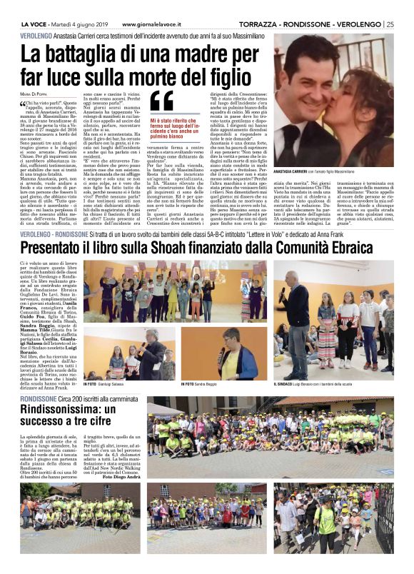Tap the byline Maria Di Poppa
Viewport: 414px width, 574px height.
click(x=34, y=92)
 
